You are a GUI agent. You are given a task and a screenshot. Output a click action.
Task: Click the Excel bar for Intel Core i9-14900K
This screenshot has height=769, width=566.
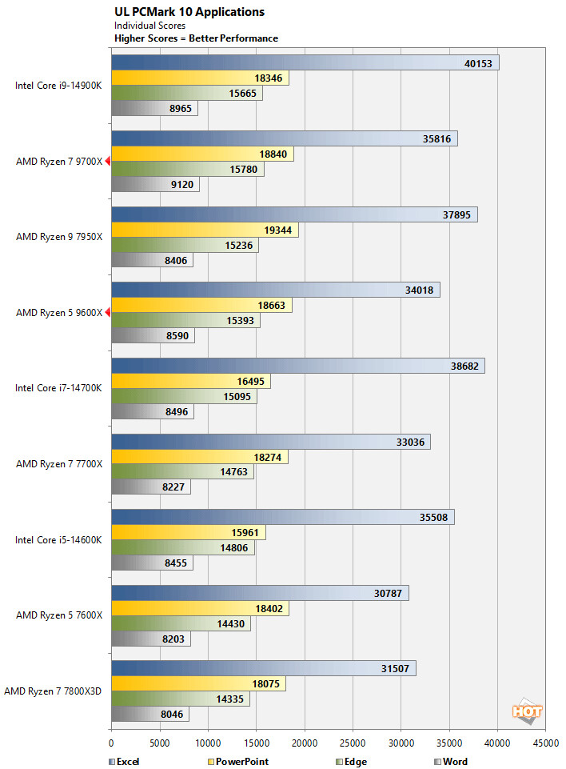[x=304, y=62]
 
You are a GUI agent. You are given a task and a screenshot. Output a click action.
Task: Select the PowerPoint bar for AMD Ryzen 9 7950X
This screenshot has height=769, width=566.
[x=204, y=230]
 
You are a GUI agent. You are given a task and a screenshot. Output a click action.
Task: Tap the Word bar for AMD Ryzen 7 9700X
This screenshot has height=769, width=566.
[x=154, y=185]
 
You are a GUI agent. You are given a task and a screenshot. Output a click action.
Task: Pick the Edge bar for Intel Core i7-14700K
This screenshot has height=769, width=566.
[x=184, y=397]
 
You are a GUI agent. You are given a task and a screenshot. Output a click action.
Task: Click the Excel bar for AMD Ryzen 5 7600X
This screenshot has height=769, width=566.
[x=260, y=593]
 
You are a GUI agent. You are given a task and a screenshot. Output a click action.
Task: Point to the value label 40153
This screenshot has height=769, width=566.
[x=480, y=62]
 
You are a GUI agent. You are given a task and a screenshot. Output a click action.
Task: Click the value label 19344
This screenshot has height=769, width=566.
[x=278, y=230]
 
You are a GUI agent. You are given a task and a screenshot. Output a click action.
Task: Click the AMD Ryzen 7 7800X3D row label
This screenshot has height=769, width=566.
[x=54, y=691]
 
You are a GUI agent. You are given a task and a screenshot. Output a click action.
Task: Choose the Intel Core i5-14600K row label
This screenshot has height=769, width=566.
[x=58, y=539]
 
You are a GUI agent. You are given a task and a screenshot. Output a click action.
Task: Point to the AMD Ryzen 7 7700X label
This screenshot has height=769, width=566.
[x=59, y=464]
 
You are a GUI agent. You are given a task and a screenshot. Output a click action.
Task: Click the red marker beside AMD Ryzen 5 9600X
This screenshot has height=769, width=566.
[x=107, y=313]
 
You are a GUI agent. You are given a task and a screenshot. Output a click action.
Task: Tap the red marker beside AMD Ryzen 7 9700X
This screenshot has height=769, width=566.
[x=107, y=162]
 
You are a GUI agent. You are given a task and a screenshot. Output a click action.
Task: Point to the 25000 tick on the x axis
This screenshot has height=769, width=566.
[x=353, y=743]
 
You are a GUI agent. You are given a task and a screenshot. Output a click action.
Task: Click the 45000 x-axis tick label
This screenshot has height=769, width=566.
[x=546, y=743]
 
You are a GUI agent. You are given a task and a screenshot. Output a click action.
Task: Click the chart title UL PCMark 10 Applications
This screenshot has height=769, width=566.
[x=189, y=12]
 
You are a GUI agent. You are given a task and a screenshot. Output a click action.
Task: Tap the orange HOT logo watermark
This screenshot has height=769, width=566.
[x=528, y=711]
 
